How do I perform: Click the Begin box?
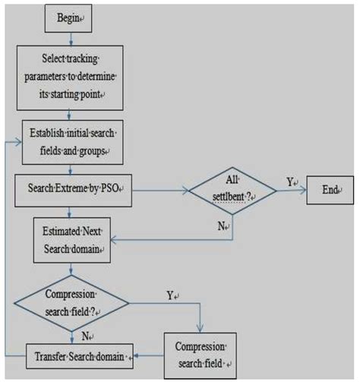[x=72, y=16]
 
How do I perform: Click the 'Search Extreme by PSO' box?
[x=74, y=186]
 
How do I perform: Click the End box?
[x=330, y=188]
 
